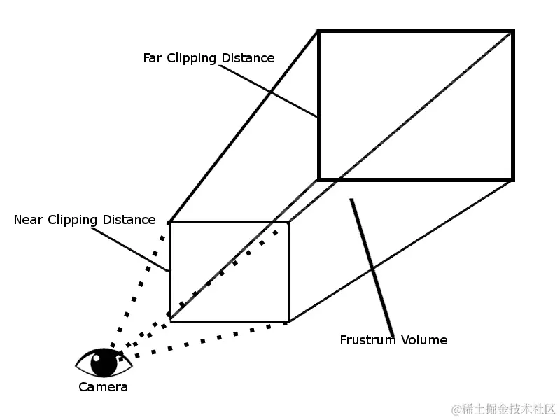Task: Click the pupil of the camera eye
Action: tap(104, 363)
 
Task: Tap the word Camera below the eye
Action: tap(103, 387)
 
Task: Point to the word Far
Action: tap(153, 58)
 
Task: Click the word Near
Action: tap(29, 220)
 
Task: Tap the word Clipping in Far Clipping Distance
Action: tap(191, 58)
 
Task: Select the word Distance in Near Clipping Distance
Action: tap(129, 220)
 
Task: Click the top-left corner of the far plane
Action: tap(319, 31)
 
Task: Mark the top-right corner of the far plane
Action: tap(513, 31)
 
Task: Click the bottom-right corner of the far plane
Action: tap(513, 179)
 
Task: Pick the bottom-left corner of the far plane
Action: tap(319, 179)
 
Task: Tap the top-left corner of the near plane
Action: tap(170, 222)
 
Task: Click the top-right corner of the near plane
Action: tap(289, 222)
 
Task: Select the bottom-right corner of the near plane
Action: tap(289, 322)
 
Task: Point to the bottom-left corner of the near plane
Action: tap(170, 322)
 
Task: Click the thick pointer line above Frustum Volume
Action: tap(372, 266)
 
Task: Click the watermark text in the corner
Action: tap(503, 408)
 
